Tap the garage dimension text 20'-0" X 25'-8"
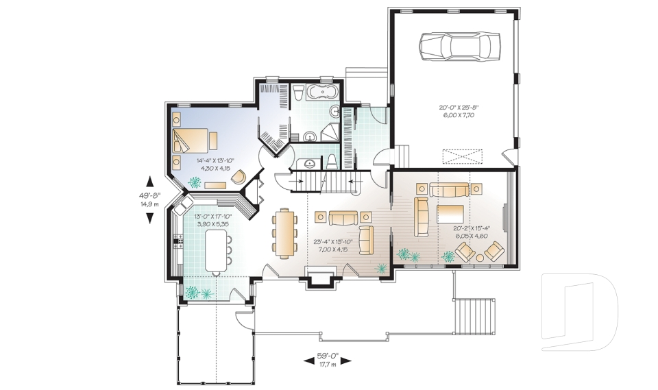tap(458, 111)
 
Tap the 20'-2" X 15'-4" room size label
tap(471, 232)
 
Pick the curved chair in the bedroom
tap(239, 177)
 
